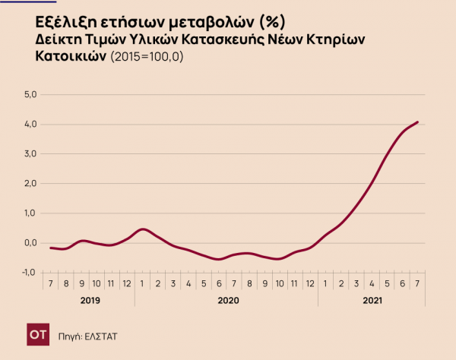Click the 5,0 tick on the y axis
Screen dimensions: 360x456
tap(30, 95)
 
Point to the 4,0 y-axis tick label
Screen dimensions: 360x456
tap(30, 125)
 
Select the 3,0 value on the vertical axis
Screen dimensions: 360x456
tap(30, 154)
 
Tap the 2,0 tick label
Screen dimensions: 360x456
tap(30, 184)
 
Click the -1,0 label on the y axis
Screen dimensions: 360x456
tap(29, 272)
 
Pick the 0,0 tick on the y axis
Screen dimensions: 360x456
tap(30, 243)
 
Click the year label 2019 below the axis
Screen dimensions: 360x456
tap(89, 301)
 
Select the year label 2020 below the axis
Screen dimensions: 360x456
tap(228, 301)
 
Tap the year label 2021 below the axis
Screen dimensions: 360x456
tap(372, 301)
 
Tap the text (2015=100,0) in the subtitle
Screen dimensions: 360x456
tap(149, 57)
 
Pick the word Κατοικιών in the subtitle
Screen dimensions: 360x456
tap(71, 57)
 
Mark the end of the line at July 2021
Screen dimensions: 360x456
tap(418, 122)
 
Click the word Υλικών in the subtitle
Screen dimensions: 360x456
tap(153, 39)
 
